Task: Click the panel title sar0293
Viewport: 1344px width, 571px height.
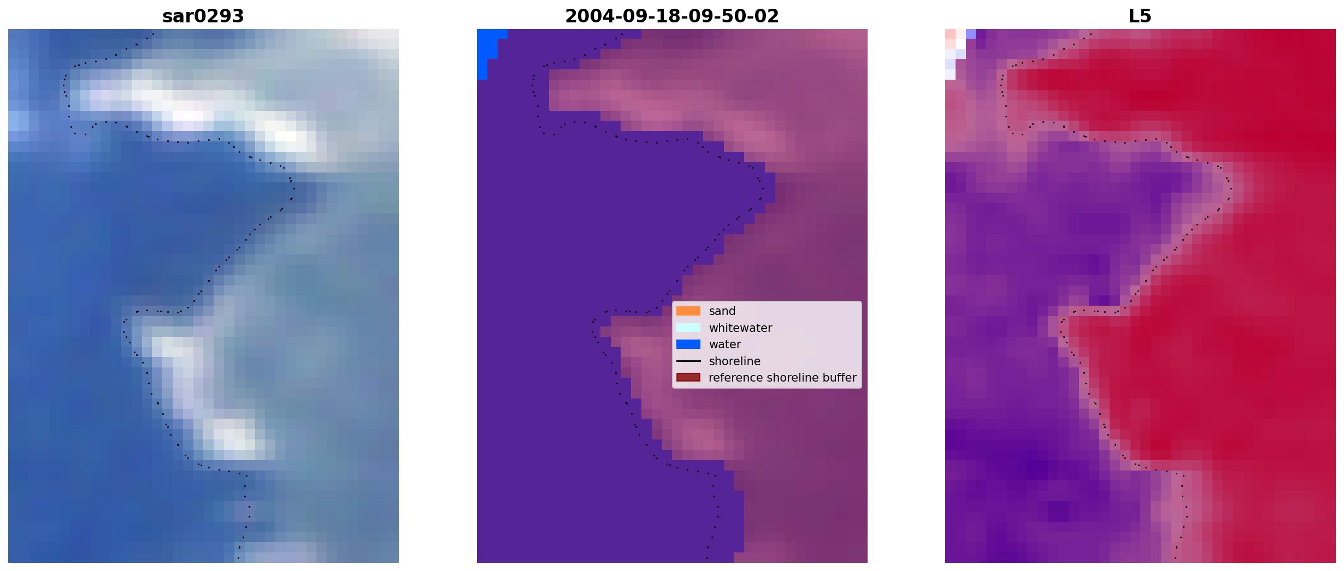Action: (x=203, y=16)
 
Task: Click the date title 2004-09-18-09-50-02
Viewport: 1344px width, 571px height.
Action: (x=672, y=16)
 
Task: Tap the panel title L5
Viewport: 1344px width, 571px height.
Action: (x=1140, y=16)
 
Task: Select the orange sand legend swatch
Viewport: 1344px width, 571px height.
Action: (x=688, y=311)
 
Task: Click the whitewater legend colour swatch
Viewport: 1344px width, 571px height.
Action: (x=688, y=328)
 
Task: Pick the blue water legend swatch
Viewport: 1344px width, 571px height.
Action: (x=688, y=344)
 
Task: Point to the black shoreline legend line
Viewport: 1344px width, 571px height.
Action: (x=688, y=361)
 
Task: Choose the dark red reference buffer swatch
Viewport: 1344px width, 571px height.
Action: (x=688, y=378)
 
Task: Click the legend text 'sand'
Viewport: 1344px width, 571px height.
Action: (x=722, y=311)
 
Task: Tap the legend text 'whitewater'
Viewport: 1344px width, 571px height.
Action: (x=740, y=328)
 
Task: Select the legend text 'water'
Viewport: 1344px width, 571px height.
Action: (x=725, y=344)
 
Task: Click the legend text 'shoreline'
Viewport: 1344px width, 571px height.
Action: (x=735, y=361)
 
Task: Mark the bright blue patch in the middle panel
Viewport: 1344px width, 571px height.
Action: (x=487, y=52)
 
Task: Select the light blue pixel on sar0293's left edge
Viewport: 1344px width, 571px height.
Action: (x=18, y=120)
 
